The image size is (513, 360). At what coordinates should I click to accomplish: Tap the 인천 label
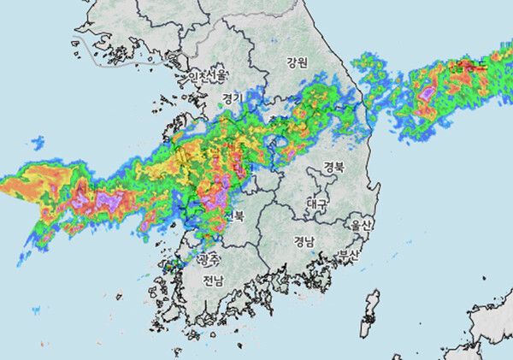coord(198,76)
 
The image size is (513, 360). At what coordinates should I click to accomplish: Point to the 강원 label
coord(297,62)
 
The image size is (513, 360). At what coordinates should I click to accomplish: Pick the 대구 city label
coord(317,204)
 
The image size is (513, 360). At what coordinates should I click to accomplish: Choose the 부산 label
coord(348,255)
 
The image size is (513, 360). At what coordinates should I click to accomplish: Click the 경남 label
coord(304,241)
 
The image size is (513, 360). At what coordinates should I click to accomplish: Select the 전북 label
coord(233,216)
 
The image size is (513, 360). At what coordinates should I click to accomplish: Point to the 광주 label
coord(209,257)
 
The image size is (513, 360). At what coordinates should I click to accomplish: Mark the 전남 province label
coord(213,280)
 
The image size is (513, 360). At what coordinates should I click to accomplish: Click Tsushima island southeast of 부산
coord(371,312)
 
